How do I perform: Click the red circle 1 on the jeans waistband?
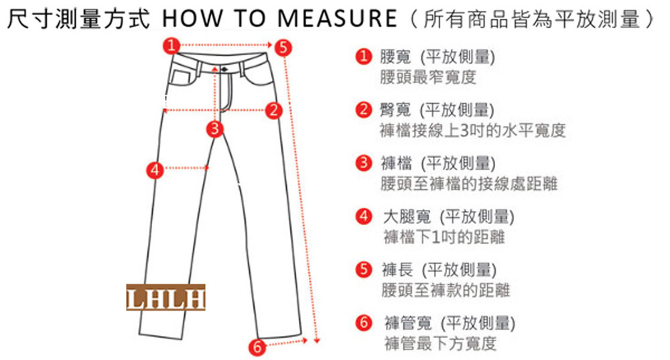pyautogui.click(x=172, y=46)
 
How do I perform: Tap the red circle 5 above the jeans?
pyautogui.click(x=283, y=47)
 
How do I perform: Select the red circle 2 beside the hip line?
pyautogui.click(x=274, y=111)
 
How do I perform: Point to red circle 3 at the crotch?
pyautogui.click(x=215, y=129)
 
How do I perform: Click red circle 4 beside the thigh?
pyautogui.click(x=155, y=170)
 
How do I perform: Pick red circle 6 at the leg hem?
pyautogui.click(x=257, y=347)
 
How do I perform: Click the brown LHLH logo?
pyautogui.click(x=165, y=297)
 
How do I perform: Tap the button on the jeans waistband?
pyautogui.click(x=224, y=69)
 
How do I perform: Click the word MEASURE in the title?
pyautogui.click(x=337, y=18)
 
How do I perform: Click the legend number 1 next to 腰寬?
pyautogui.click(x=364, y=56)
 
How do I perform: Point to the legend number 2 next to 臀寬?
pyautogui.click(x=364, y=109)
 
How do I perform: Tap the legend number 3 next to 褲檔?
pyautogui.click(x=364, y=163)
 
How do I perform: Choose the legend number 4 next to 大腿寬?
pyautogui.click(x=364, y=217)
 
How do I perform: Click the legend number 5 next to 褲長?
pyautogui.click(x=364, y=269)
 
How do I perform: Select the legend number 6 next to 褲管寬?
pyautogui.click(x=364, y=322)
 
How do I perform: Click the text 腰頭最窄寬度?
pyautogui.click(x=427, y=77)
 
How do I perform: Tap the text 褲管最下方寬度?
pyautogui.click(x=440, y=343)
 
